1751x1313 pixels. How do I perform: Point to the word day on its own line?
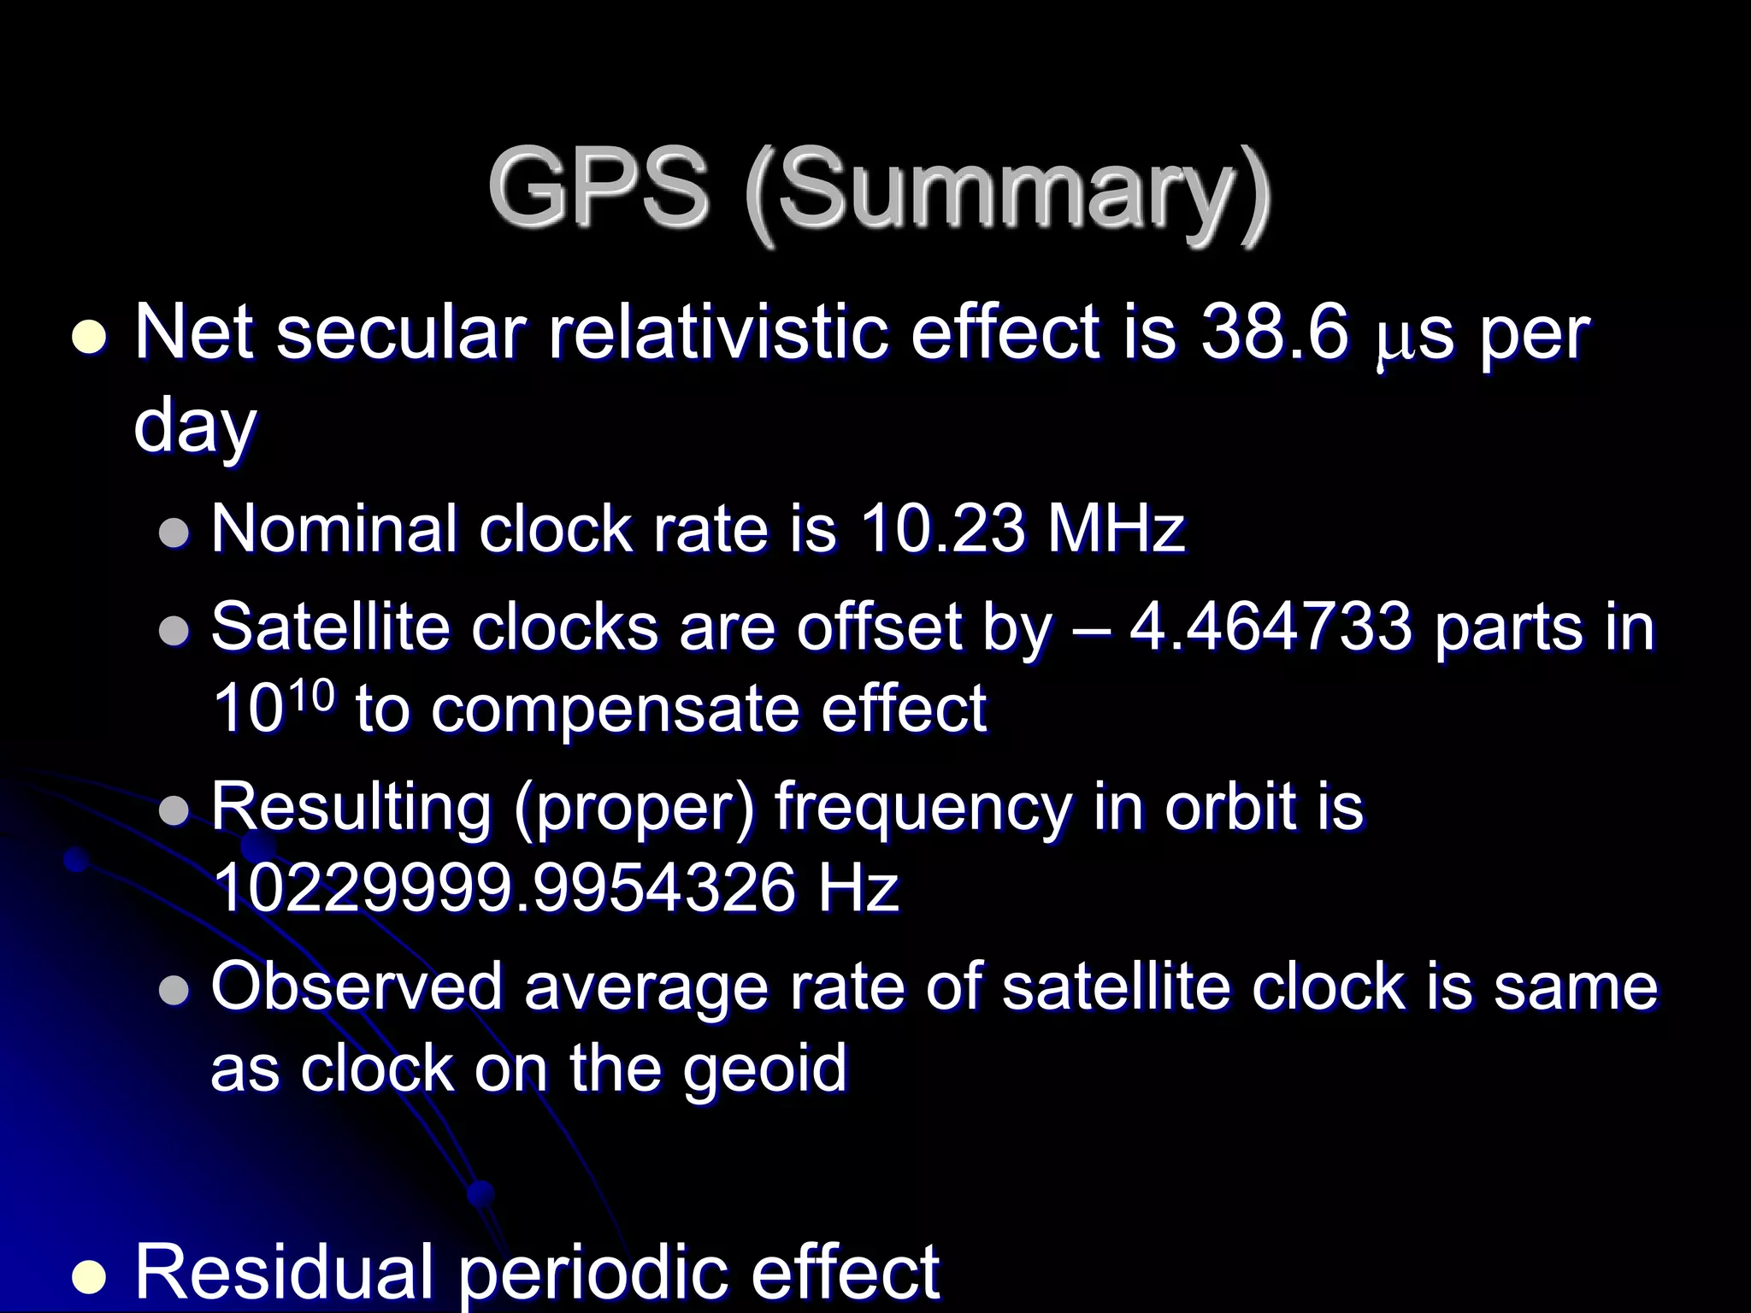coord(195,427)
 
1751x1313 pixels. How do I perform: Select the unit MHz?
coord(1117,528)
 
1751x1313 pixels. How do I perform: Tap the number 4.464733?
coord(1271,627)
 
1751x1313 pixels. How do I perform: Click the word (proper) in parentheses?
coord(634,808)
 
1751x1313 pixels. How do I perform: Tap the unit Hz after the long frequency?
coord(858,889)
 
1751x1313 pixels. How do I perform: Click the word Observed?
coord(356,987)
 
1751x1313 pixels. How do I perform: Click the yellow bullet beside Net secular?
coord(88,339)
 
